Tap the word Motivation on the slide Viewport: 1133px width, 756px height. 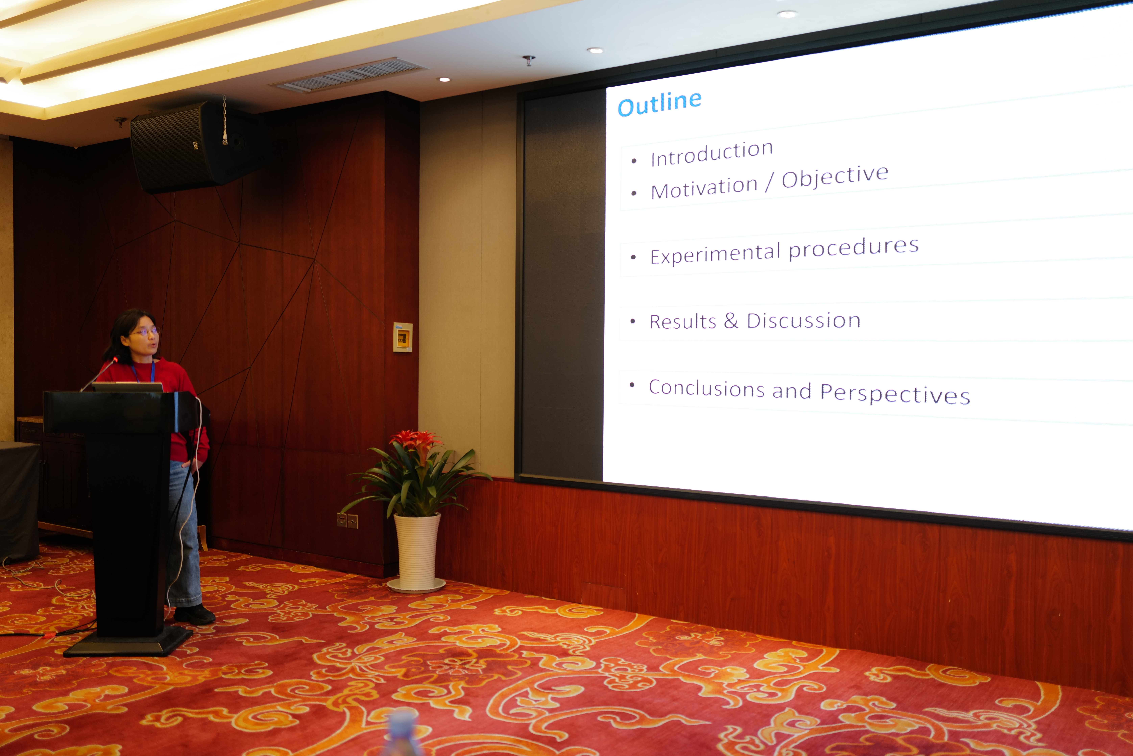pyautogui.click(x=704, y=187)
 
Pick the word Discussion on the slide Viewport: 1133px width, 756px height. pyautogui.click(x=803, y=321)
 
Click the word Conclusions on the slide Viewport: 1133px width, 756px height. pyautogui.click(x=706, y=388)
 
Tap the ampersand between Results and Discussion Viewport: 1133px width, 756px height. pyautogui.click(x=731, y=321)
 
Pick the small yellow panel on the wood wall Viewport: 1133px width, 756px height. pyautogui.click(x=402, y=337)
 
